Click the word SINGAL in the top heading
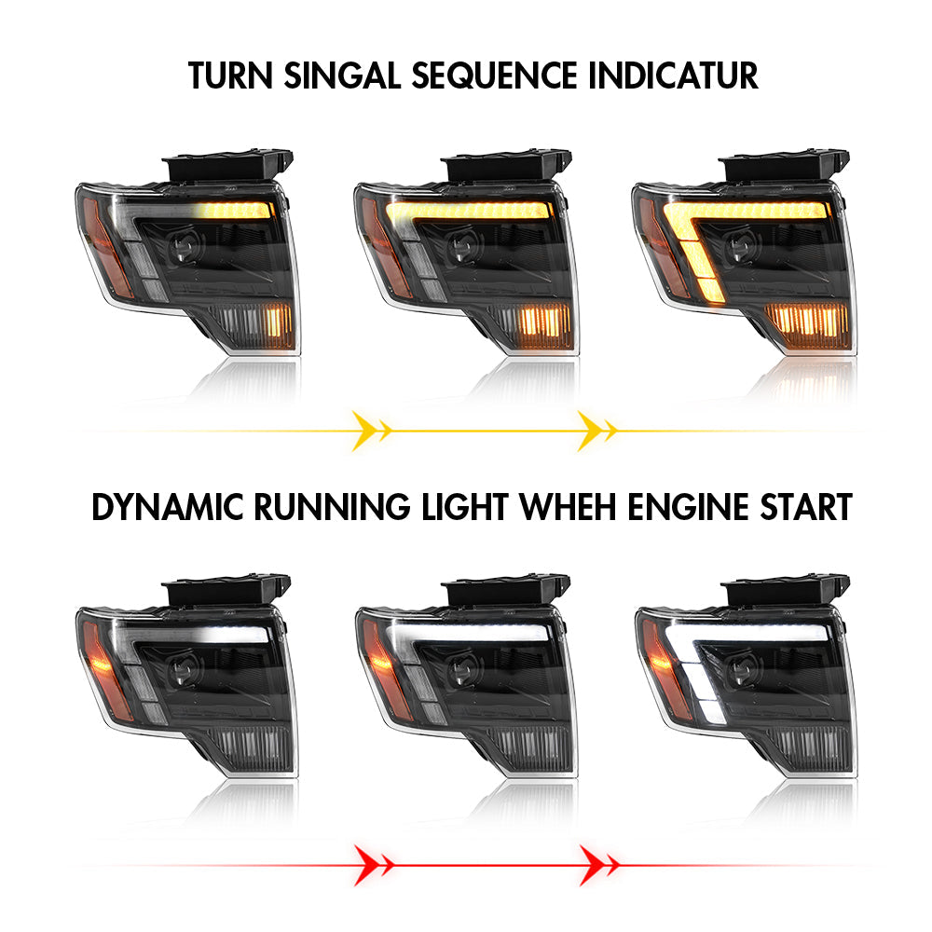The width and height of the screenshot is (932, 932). (342, 75)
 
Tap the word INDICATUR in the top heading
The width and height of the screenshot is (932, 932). (674, 75)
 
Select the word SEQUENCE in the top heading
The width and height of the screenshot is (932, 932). (494, 75)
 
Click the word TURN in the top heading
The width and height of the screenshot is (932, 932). (230, 75)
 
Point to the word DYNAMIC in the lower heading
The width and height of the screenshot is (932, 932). (168, 507)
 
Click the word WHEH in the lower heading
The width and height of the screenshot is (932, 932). (568, 507)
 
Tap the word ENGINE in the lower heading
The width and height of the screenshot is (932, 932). (688, 507)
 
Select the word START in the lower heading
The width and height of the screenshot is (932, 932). (806, 507)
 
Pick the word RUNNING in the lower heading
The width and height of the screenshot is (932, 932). (332, 507)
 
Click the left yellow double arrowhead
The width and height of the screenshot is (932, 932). (371, 431)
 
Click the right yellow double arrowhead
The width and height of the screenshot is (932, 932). (596, 431)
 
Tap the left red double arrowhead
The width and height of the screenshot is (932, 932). (373, 865)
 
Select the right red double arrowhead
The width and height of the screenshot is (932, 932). (598, 865)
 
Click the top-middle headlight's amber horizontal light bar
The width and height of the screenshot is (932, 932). (468, 211)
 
